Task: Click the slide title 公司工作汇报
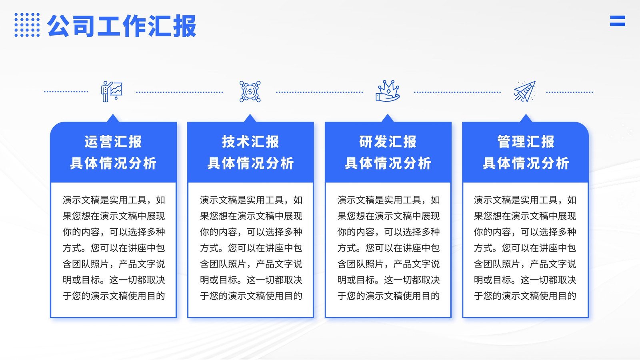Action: (122, 26)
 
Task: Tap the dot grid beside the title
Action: (27, 25)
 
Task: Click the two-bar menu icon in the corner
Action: (618, 21)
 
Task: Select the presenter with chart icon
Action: (112, 92)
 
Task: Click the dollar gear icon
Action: (250, 92)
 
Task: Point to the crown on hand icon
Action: (388, 91)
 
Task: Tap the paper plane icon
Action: (525, 92)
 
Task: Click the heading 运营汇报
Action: (113, 142)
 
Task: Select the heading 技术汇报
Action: (250, 142)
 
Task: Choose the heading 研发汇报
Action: (388, 142)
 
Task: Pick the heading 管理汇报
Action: (526, 142)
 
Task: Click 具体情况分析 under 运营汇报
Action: (113, 164)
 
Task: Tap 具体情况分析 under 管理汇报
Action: (526, 164)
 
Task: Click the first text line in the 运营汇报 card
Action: (114, 200)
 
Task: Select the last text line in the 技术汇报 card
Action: (251, 296)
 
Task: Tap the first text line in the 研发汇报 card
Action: (388, 200)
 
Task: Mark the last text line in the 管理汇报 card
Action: (525, 296)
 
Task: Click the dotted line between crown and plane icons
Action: (457, 92)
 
